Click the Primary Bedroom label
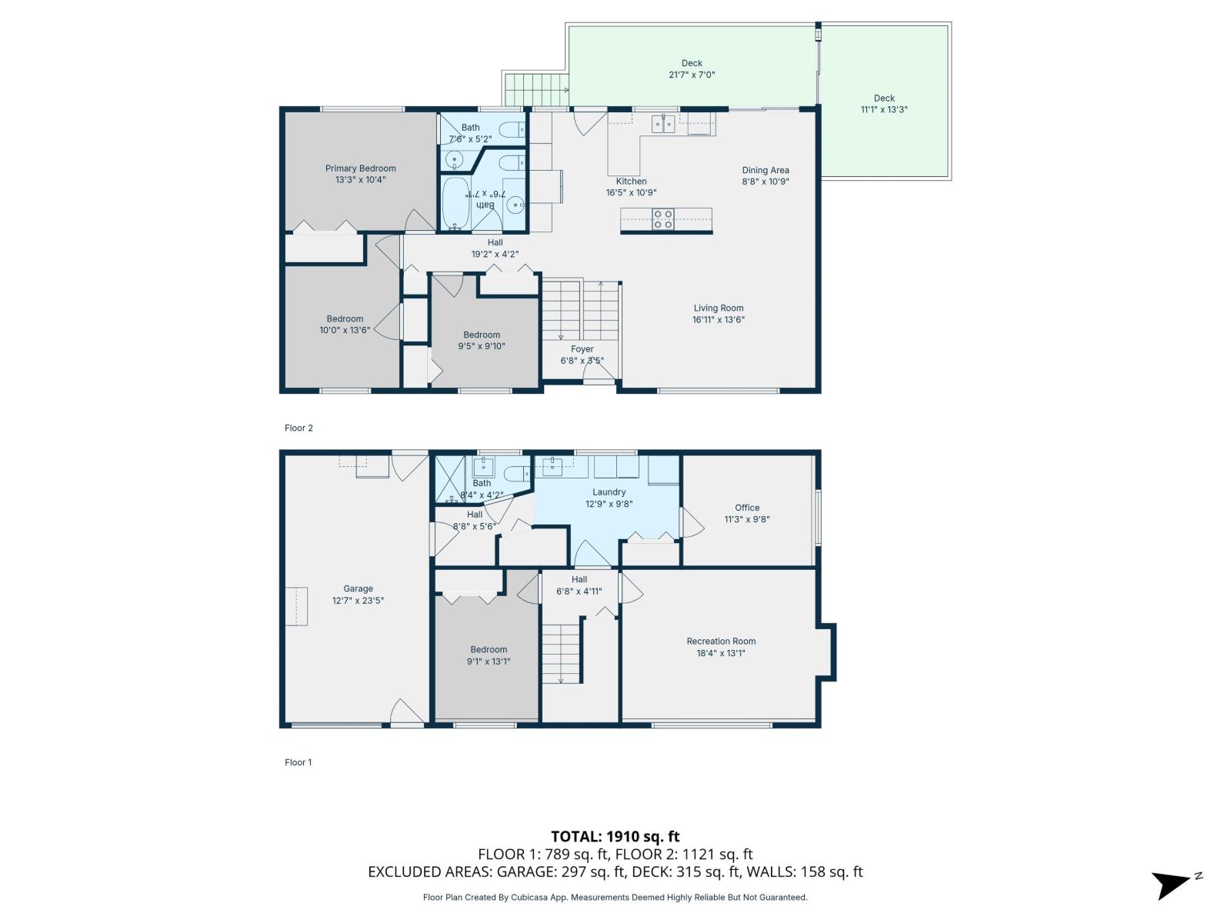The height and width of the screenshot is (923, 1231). click(360, 168)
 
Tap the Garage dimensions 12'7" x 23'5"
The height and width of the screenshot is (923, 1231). click(358, 601)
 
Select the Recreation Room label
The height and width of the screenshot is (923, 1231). click(721, 641)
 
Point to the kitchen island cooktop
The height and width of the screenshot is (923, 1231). click(663, 219)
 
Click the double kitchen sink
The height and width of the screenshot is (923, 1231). click(664, 123)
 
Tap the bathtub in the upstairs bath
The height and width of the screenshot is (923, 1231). click(455, 204)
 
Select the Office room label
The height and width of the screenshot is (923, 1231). click(747, 508)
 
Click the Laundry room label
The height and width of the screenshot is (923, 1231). click(609, 492)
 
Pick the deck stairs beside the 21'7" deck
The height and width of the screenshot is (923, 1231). click(535, 89)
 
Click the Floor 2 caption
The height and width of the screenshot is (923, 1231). click(299, 428)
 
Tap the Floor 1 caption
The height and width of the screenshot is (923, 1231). click(299, 763)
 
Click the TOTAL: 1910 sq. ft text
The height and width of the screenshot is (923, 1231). click(615, 836)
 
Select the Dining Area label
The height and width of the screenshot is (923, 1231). click(765, 171)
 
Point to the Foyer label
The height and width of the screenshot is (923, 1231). click(582, 349)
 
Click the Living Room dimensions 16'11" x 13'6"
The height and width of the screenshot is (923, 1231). click(718, 320)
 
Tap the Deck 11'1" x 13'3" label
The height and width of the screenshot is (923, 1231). click(884, 104)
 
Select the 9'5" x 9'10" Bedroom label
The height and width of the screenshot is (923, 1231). click(482, 341)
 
